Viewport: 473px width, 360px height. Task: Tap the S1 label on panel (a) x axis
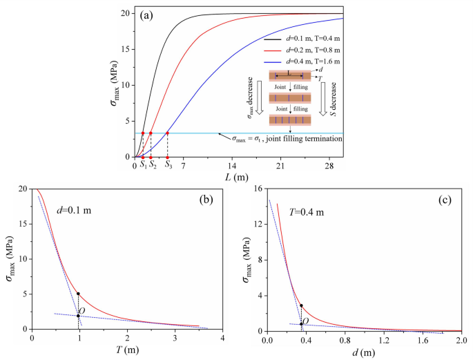[143, 165]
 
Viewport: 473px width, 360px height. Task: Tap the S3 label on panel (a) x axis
[168, 165]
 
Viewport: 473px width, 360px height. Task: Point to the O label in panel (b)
[82, 311]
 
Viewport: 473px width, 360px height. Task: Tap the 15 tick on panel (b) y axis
[22, 225]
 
